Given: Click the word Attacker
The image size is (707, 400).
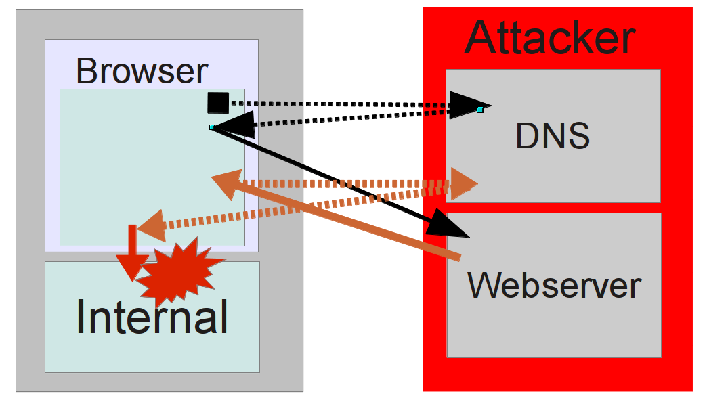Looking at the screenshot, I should [x=550, y=39].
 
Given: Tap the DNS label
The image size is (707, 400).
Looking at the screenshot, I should [x=553, y=137].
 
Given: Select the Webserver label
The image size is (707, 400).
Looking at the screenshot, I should [x=554, y=286].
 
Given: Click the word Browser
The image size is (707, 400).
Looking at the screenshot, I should [x=142, y=71].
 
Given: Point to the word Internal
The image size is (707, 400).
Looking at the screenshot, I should [x=152, y=316].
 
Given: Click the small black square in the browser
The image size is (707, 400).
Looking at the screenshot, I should [x=218, y=102].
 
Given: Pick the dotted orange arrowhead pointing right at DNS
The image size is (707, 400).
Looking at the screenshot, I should [x=465, y=183].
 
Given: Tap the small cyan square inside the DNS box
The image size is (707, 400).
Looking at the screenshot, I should [x=480, y=110].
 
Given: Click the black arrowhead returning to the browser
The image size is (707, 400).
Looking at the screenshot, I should [x=234, y=125].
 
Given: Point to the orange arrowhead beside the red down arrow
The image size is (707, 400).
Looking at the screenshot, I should [x=152, y=226].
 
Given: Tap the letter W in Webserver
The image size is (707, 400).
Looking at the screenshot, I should [x=484, y=286].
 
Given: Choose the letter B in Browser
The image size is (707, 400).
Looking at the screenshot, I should [x=87, y=71].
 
